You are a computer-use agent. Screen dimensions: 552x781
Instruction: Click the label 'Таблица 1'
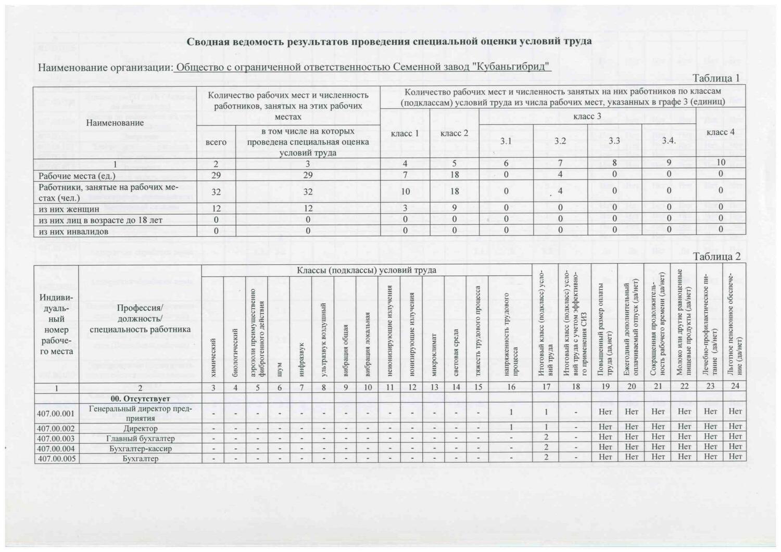click(x=716, y=79)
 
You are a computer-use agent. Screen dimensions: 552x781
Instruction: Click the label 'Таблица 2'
click(x=716, y=257)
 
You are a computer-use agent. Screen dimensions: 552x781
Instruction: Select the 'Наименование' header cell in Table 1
click(x=115, y=123)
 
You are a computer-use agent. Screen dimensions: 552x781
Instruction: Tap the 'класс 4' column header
click(x=721, y=132)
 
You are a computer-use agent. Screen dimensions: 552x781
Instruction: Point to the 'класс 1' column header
click(x=405, y=134)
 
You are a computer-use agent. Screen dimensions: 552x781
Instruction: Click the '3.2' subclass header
click(x=560, y=141)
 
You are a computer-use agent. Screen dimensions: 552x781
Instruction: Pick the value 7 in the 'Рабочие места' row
click(x=405, y=175)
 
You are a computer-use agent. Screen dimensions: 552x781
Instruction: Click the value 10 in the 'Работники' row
click(x=405, y=191)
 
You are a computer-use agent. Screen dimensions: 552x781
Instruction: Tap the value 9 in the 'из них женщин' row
click(x=455, y=209)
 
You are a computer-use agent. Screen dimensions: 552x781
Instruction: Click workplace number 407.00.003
click(x=56, y=439)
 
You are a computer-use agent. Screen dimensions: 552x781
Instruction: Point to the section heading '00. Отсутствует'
click(x=140, y=399)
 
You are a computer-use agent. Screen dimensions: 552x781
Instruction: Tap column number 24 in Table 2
click(x=735, y=387)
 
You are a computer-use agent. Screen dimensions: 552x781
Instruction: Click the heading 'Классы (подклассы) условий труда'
click(x=367, y=271)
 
